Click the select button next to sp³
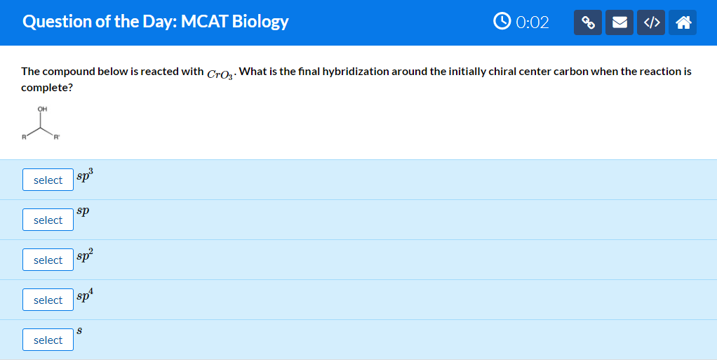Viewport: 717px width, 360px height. (x=48, y=180)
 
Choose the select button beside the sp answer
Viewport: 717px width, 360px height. (x=48, y=220)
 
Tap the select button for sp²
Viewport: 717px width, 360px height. (x=48, y=260)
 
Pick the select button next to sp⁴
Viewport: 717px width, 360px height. (x=48, y=300)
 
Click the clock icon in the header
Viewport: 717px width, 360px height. (x=502, y=21)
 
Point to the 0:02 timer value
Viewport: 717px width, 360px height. (x=532, y=22)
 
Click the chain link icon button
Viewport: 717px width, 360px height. (x=588, y=22)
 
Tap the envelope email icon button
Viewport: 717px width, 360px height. (x=619, y=22)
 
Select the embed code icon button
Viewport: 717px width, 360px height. (x=651, y=22)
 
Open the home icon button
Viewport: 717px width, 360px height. (x=683, y=22)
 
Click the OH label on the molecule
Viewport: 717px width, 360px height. (x=43, y=109)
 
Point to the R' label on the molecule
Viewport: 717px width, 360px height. (x=56, y=137)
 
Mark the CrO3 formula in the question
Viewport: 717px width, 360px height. (x=220, y=74)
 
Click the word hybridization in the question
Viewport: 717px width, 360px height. (x=351, y=72)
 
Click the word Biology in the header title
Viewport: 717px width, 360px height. (x=260, y=22)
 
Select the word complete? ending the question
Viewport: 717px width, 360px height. (x=46, y=88)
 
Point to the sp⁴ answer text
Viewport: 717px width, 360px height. (x=85, y=295)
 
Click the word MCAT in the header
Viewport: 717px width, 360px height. (x=204, y=21)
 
